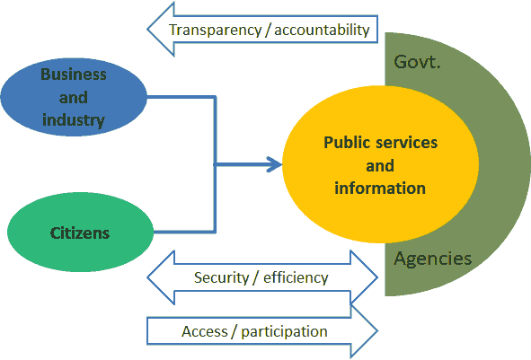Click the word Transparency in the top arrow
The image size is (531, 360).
[x=216, y=31]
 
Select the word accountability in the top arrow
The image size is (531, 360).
[x=322, y=30]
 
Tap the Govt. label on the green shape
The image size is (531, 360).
[x=417, y=62]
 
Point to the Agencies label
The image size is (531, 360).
[x=432, y=259]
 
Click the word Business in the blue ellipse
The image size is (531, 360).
[x=74, y=75]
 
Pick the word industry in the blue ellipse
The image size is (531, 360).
[x=74, y=120]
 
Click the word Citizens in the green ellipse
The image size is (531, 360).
[x=80, y=233]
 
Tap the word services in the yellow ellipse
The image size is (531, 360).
[x=403, y=143]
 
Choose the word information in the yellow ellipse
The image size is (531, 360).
[x=380, y=189]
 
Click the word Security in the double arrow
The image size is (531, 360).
[x=222, y=278]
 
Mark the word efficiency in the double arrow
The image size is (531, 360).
[x=296, y=277]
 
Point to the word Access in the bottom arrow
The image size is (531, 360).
[x=205, y=331]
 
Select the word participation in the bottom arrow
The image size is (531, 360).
[x=284, y=332]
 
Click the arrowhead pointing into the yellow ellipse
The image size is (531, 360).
[x=275, y=164]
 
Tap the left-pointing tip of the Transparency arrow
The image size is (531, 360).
[x=147, y=29]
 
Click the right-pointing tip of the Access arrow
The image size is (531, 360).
[x=377, y=331]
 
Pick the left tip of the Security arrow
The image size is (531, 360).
[x=147, y=277]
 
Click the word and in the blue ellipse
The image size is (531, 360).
[x=74, y=98]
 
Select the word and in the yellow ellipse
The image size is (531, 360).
[x=380, y=166]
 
